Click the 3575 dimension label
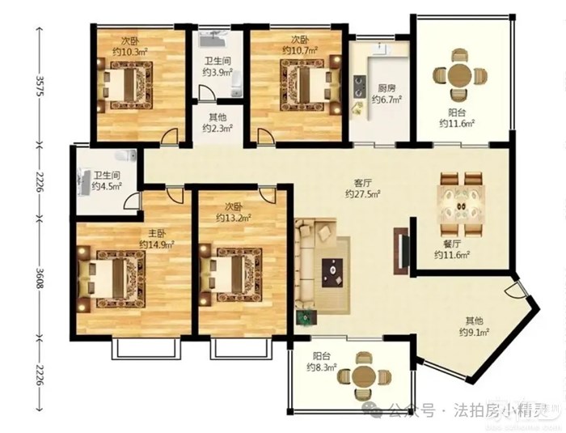(x=40, y=85)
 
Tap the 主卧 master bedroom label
(x=157, y=233)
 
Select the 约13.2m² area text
(x=234, y=218)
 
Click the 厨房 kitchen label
(x=386, y=88)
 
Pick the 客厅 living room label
(x=363, y=183)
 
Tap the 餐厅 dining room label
(x=452, y=244)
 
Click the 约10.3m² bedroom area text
(x=130, y=51)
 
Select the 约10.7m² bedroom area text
(x=300, y=49)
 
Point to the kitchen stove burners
(x=359, y=87)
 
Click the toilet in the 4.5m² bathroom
(x=125, y=155)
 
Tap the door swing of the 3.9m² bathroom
(x=206, y=91)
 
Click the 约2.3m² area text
(x=218, y=128)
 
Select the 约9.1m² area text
(x=474, y=332)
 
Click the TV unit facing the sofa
(x=401, y=251)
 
